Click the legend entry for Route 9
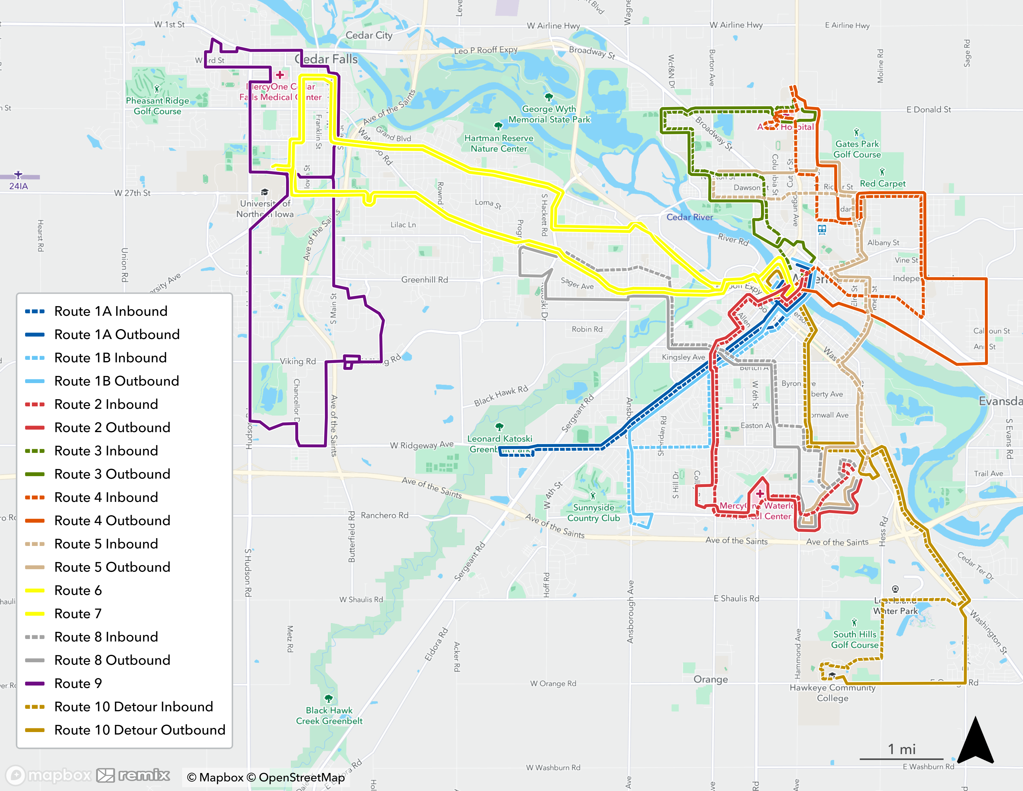click(78, 683)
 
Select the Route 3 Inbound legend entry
click(106, 451)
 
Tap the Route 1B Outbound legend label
click(117, 381)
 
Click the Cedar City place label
click(369, 35)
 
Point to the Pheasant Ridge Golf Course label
click(157, 106)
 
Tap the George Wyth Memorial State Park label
click(549, 114)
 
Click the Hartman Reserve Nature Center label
click(498, 143)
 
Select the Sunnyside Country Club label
click(593, 513)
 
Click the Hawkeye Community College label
click(832, 693)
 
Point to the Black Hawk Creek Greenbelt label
click(329, 716)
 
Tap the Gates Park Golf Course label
click(857, 149)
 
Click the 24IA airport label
click(19, 186)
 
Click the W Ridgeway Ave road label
click(422, 445)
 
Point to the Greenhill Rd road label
click(424, 280)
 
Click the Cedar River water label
click(689, 217)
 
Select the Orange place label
click(710, 679)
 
